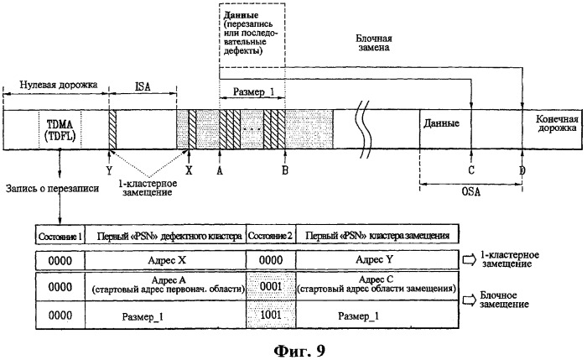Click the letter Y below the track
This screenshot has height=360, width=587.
tap(110, 169)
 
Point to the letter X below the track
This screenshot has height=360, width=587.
tap(188, 169)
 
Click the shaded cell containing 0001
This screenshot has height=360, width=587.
tap(270, 286)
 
